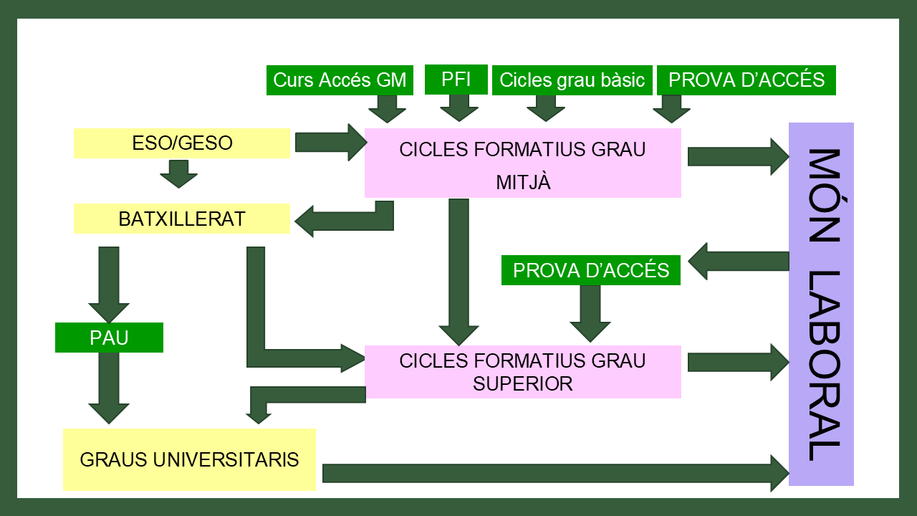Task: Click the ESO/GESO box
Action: (182, 143)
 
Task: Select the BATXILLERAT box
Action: (182, 219)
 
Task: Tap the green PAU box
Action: (109, 338)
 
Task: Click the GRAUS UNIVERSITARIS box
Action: (189, 459)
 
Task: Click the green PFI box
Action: (456, 79)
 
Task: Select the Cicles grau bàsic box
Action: (572, 80)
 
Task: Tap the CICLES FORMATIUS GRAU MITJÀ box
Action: (522, 163)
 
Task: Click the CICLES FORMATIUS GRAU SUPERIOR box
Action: (522, 372)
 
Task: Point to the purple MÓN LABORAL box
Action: (821, 304)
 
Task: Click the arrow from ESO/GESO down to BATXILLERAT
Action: (178, 173)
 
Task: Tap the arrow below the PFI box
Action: (458, 108)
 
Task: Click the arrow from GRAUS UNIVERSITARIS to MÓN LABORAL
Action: (555, 473)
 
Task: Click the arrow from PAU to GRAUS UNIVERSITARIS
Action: (109, 388)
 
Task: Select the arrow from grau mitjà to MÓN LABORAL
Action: (737, 156)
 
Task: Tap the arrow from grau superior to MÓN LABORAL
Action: (737, 362)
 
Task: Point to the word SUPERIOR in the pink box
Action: (522, 383)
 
